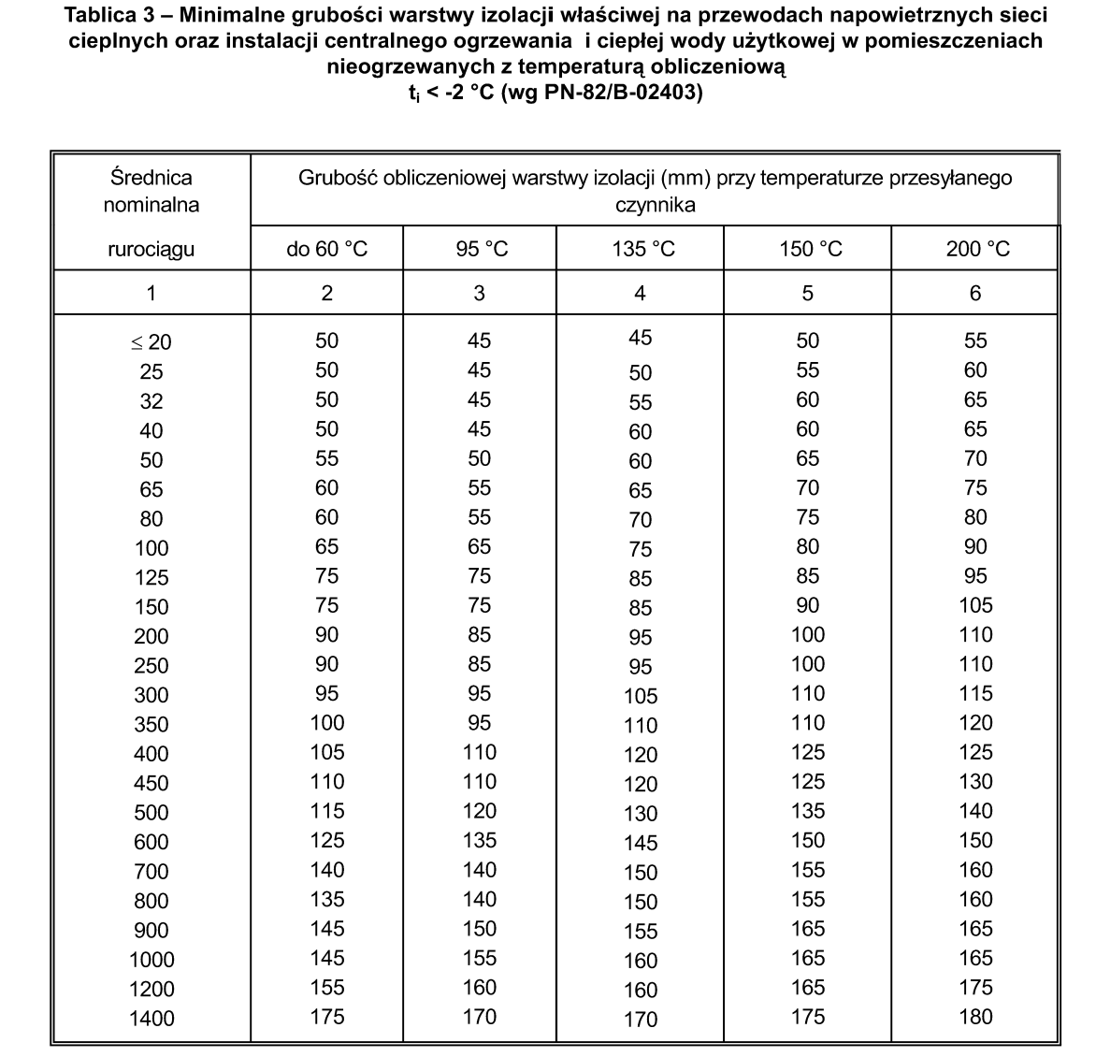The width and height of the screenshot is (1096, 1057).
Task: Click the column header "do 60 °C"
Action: [326, 249]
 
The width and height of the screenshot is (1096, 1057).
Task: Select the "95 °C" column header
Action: [480, 249]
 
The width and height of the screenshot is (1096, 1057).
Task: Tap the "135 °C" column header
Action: [641, 249]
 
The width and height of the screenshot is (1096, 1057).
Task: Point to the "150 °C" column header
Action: [808, 249]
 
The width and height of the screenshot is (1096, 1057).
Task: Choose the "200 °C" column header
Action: [975, 249]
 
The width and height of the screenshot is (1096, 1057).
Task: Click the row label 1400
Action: [151, 1019]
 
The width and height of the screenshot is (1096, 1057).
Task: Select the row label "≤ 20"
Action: [151, 342]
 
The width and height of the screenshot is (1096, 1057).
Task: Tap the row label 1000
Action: [151, 960]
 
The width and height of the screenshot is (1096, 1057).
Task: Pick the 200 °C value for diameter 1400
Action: [975, 1017]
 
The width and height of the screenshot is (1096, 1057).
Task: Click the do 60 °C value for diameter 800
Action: [326, 899]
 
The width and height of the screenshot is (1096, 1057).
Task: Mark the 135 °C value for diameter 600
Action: [641, 843]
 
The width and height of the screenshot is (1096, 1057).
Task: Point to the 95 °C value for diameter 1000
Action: [480, 958]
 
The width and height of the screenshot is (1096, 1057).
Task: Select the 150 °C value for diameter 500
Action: [808, 811]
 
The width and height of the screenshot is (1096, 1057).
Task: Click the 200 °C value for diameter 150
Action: [975, 605]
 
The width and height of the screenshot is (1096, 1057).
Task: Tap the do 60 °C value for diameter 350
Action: [326, 723]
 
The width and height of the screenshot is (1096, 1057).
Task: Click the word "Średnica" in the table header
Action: [151, 177]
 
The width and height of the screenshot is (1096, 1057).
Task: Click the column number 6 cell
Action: [975, 293]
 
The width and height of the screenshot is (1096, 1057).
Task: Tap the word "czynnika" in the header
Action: [655, 205]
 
